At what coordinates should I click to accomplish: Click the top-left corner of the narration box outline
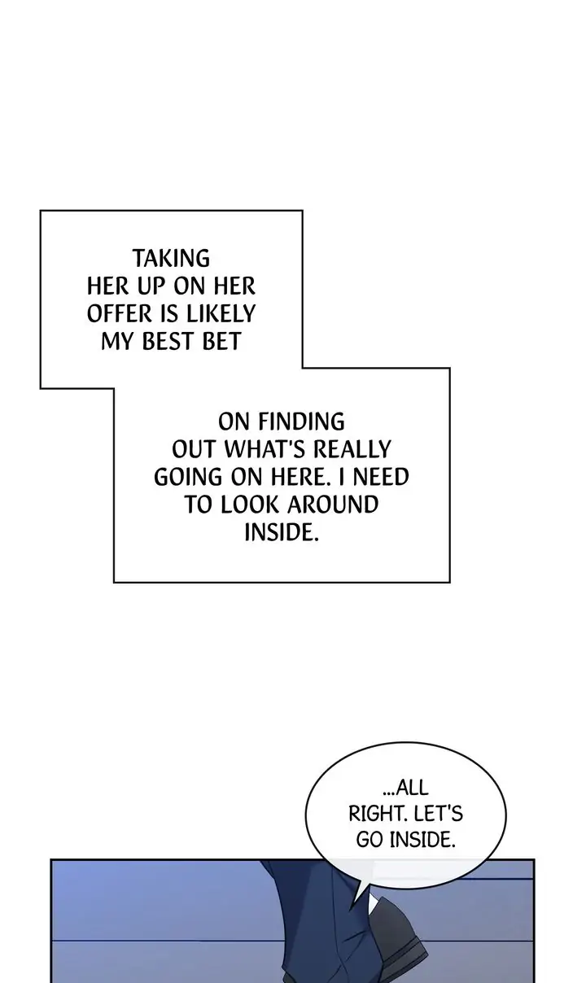41,211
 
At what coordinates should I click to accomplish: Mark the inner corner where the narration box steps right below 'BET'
303,368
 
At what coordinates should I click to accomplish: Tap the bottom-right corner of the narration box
450,583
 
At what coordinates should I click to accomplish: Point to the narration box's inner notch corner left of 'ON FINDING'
114,388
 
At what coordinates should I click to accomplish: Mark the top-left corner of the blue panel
51,859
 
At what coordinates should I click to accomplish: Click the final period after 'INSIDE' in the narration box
316,539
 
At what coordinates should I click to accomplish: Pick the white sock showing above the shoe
373,903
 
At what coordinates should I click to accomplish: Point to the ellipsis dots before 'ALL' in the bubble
388,794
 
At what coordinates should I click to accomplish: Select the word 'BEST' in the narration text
169,342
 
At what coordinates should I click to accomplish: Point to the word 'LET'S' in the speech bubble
438,814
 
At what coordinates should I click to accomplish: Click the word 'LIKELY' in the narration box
221,314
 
